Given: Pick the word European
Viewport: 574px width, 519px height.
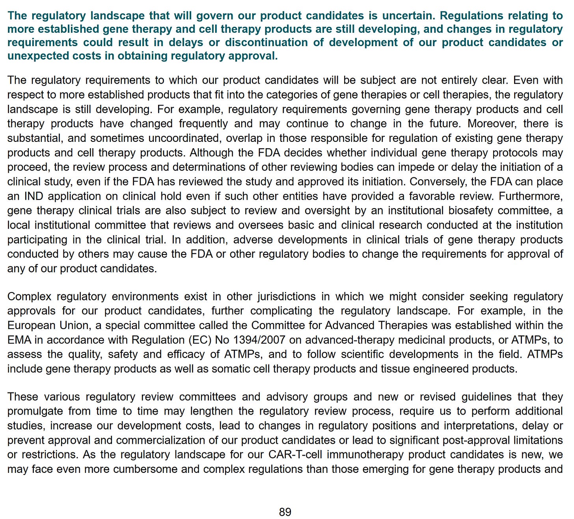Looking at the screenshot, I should point(28,326).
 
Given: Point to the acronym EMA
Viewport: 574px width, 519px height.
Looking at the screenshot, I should point(17,340).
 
